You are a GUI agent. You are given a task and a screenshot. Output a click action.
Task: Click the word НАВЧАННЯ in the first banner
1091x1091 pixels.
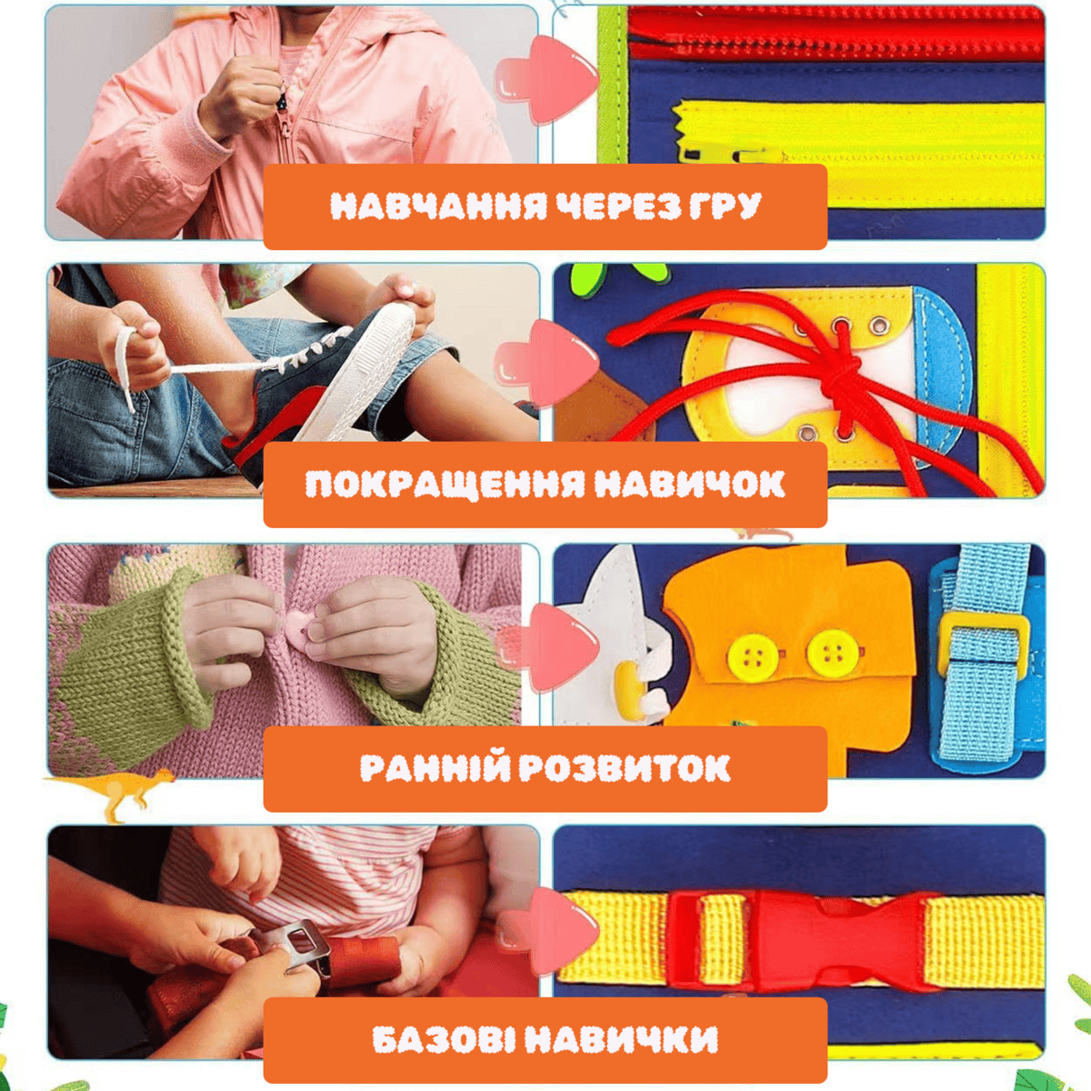439,206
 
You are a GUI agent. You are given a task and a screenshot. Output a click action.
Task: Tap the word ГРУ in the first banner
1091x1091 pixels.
726,206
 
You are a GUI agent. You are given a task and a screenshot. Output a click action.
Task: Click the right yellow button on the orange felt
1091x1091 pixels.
829,653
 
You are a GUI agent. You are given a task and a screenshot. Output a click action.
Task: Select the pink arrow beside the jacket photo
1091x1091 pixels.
545,80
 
